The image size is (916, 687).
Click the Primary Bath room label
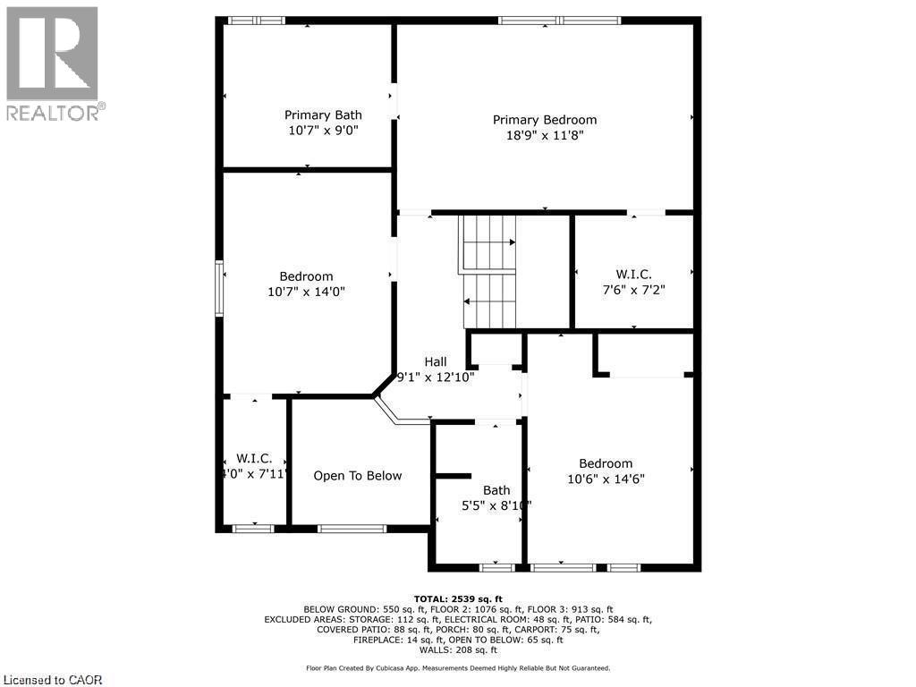coord(323,114)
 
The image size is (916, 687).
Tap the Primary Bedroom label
coord(545,120)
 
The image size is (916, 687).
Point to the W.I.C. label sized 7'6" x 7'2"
coord(633,274)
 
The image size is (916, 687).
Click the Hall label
coord(436,361)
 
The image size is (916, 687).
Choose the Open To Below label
coord(358,476)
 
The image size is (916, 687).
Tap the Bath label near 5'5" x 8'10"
coord(496,489)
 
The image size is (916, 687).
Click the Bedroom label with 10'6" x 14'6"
coord(606,463)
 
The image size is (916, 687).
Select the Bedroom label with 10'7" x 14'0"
coord(306,276)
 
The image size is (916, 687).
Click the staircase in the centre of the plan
coord(488,272)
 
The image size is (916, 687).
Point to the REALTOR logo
coord(54,63)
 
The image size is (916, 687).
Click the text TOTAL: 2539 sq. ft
coord(458,598)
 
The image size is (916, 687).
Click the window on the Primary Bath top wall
coord(255,21)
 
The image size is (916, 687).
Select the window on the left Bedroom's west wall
coord(218,288)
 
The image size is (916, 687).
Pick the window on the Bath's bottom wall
coord(496,567)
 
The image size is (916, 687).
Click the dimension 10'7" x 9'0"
coord(323,130)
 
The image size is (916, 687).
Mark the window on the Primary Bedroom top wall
coord(559,21)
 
